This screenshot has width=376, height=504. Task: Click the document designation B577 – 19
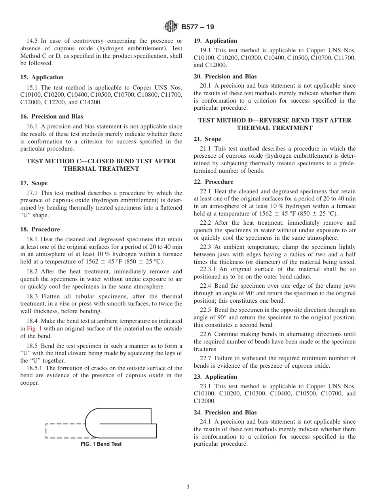tap(197, 27)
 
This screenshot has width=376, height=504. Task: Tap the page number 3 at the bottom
tap(188, 487)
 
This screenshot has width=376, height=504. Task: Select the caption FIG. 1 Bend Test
tap(101, 444)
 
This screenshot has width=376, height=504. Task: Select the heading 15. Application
tap(42, 77)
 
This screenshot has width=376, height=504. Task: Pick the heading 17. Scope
tap(34, 183)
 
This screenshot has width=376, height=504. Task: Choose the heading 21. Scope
tap(207, 139)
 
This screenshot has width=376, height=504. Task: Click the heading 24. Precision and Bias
tap(225, 412)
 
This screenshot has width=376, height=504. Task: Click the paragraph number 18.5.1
tap(35, 368)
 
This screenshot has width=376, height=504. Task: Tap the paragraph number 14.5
tap(32, 41)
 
